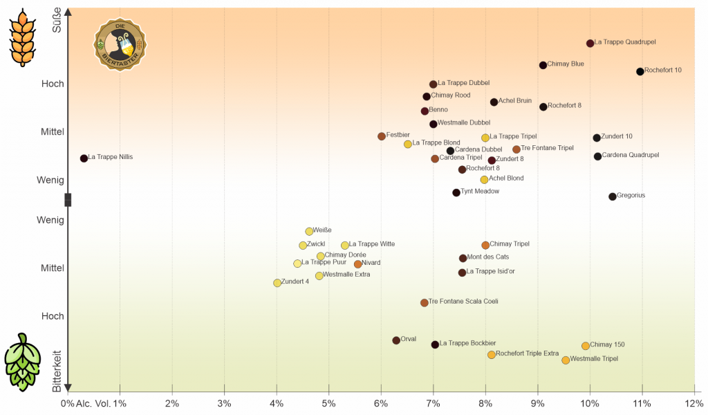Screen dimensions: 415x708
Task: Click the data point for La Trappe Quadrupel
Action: tap(590, 43)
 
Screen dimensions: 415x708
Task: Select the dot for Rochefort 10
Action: tap(640, 71)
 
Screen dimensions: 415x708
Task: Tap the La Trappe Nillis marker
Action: tap(84, 158)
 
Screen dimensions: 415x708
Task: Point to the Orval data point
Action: tap(396, 340)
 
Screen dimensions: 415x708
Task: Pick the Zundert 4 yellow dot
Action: tap(277, 283)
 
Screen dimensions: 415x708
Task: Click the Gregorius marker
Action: tap(613, 196)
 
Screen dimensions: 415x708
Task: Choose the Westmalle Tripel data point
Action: tap(566, 360)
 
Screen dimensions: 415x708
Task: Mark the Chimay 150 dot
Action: tap(586, 346)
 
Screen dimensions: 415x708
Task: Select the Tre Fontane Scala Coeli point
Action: tap(425, 303)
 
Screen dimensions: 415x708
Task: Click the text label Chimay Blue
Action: tap(566, 64)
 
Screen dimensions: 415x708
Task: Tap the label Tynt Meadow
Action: tap(480, 192)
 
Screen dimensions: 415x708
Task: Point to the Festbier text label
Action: tap(398, 135)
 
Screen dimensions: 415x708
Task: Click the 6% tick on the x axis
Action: tap(381, 403)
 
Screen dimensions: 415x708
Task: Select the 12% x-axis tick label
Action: tap(693, 403)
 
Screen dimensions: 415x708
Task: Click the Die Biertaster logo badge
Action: tap(119, 44)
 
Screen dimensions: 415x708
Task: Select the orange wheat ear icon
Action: tap(22, 37)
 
